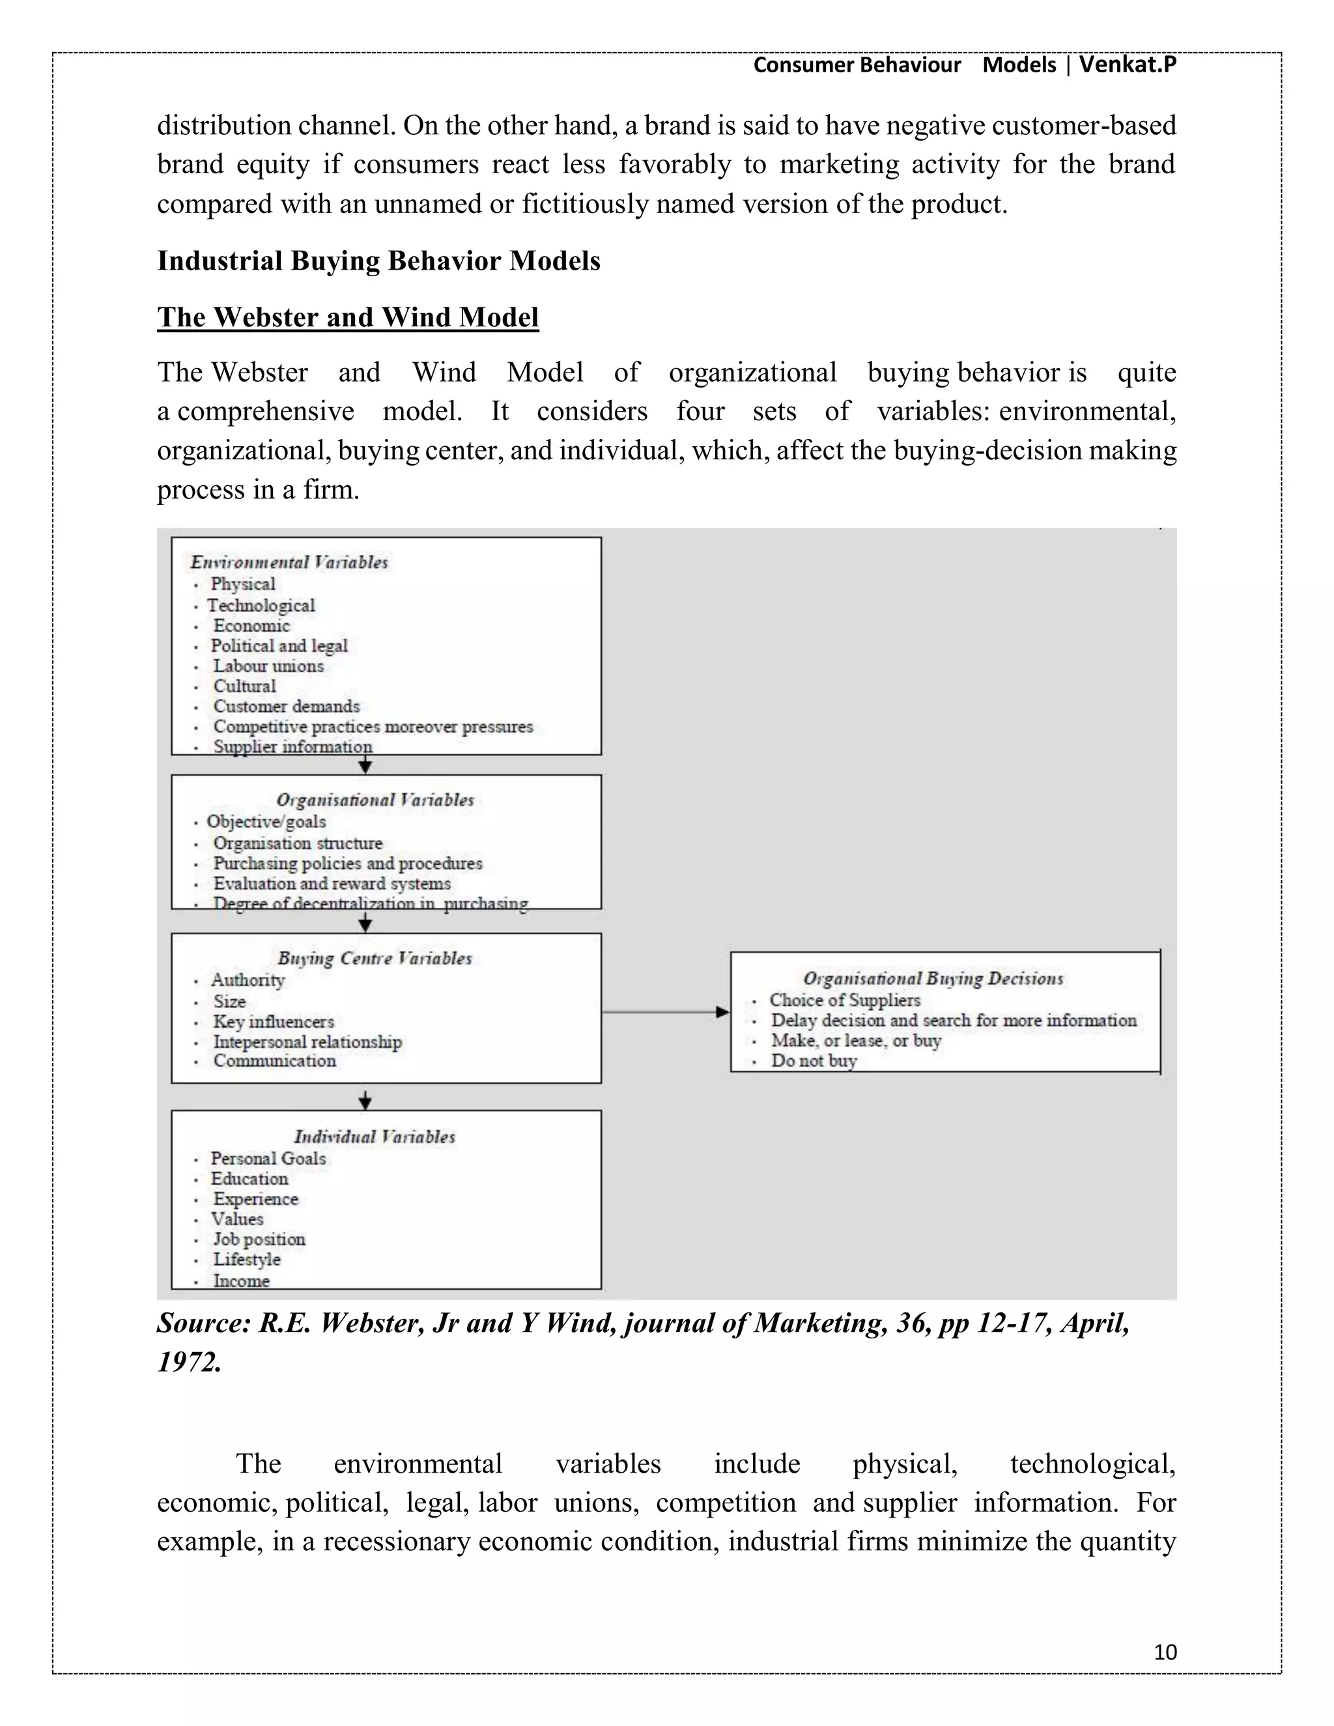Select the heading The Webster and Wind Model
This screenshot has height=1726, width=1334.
[348, 317]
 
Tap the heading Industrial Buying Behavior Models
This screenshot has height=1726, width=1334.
[378, 261]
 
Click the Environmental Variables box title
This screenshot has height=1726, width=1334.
[289, 563]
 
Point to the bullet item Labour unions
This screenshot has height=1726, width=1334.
[268, 666]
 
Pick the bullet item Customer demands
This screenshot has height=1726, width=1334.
[286, 707]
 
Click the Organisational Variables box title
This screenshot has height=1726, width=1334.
[375, 800]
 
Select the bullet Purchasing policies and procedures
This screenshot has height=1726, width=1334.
[347, 864]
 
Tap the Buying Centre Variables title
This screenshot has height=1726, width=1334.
[375, 959]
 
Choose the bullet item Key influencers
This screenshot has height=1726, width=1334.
[274, 1022]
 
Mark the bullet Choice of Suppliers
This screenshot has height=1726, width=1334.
[845, 1000]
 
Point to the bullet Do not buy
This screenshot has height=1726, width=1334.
[814, 1062]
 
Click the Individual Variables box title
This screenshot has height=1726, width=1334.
[375, 1137]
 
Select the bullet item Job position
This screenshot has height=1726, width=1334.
[259, 1239]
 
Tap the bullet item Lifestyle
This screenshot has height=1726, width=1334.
[247, 1260]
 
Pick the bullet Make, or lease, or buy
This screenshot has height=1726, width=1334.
[856, 1041]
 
